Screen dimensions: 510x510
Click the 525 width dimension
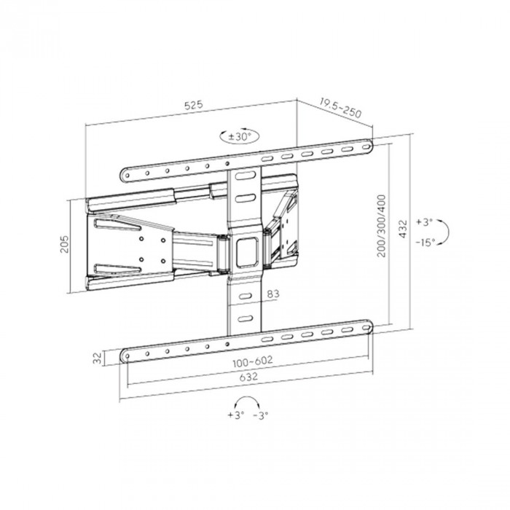pos(193,106)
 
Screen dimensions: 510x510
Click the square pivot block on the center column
pos(245,247)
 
